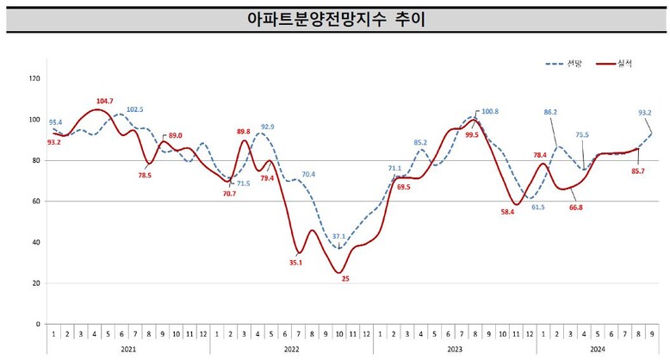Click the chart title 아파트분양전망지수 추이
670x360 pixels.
click(x=335, y=19)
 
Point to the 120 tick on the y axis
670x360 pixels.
click(x=34, y=78)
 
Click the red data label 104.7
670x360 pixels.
click(x=103, y=102)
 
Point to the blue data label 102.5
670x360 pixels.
click(x=135, y=109)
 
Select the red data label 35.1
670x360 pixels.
click(x=295, y=264)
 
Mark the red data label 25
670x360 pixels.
click(x=344, y=279)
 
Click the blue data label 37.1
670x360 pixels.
click(x=338, y=236)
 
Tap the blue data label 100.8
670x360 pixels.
click(x=489, y=111)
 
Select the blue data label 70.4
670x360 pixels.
click(x=307, y=175)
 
